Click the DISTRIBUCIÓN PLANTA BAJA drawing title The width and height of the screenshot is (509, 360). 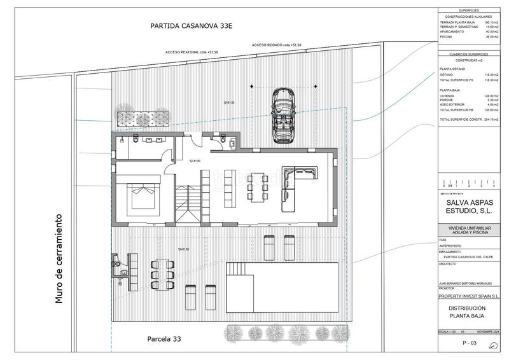click(x=470, y=312)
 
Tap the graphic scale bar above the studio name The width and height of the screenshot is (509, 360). click(x=470, y=181)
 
